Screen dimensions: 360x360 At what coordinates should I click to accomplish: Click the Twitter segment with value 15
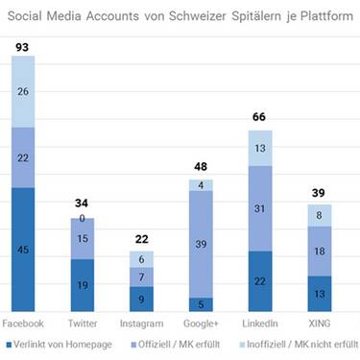pos(84,238)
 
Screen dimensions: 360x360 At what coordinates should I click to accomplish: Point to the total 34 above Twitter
pos(84,204)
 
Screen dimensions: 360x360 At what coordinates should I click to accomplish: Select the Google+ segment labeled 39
pos(201,244)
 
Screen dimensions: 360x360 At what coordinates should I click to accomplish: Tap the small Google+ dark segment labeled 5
pos(201,303)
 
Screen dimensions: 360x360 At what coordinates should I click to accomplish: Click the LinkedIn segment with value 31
pos(259,208)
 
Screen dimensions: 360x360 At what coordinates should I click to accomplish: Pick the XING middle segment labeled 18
pos(319,252)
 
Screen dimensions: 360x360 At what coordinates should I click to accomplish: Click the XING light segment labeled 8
pos(319,216)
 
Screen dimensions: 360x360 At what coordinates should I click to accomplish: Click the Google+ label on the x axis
pos(201,323)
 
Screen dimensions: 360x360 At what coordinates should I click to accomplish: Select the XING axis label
pos(319,323)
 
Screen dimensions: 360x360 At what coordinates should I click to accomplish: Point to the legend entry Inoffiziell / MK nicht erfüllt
pos(297,344)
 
